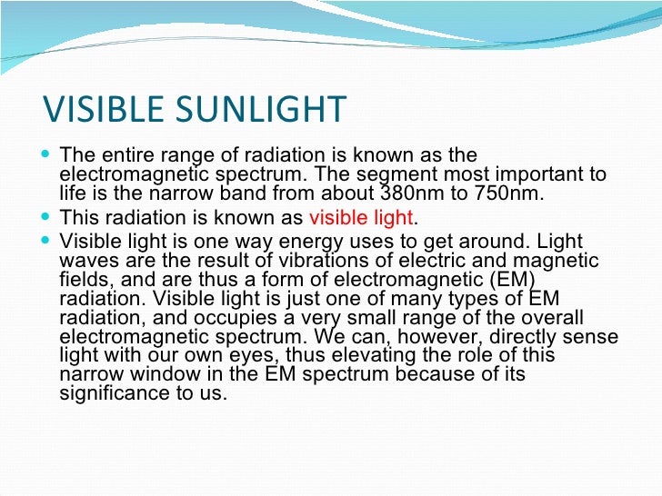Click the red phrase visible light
pos(362,218)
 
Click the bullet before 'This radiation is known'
pos(48,218)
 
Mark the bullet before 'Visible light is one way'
pos(48,241)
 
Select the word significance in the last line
pos(109,395)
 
